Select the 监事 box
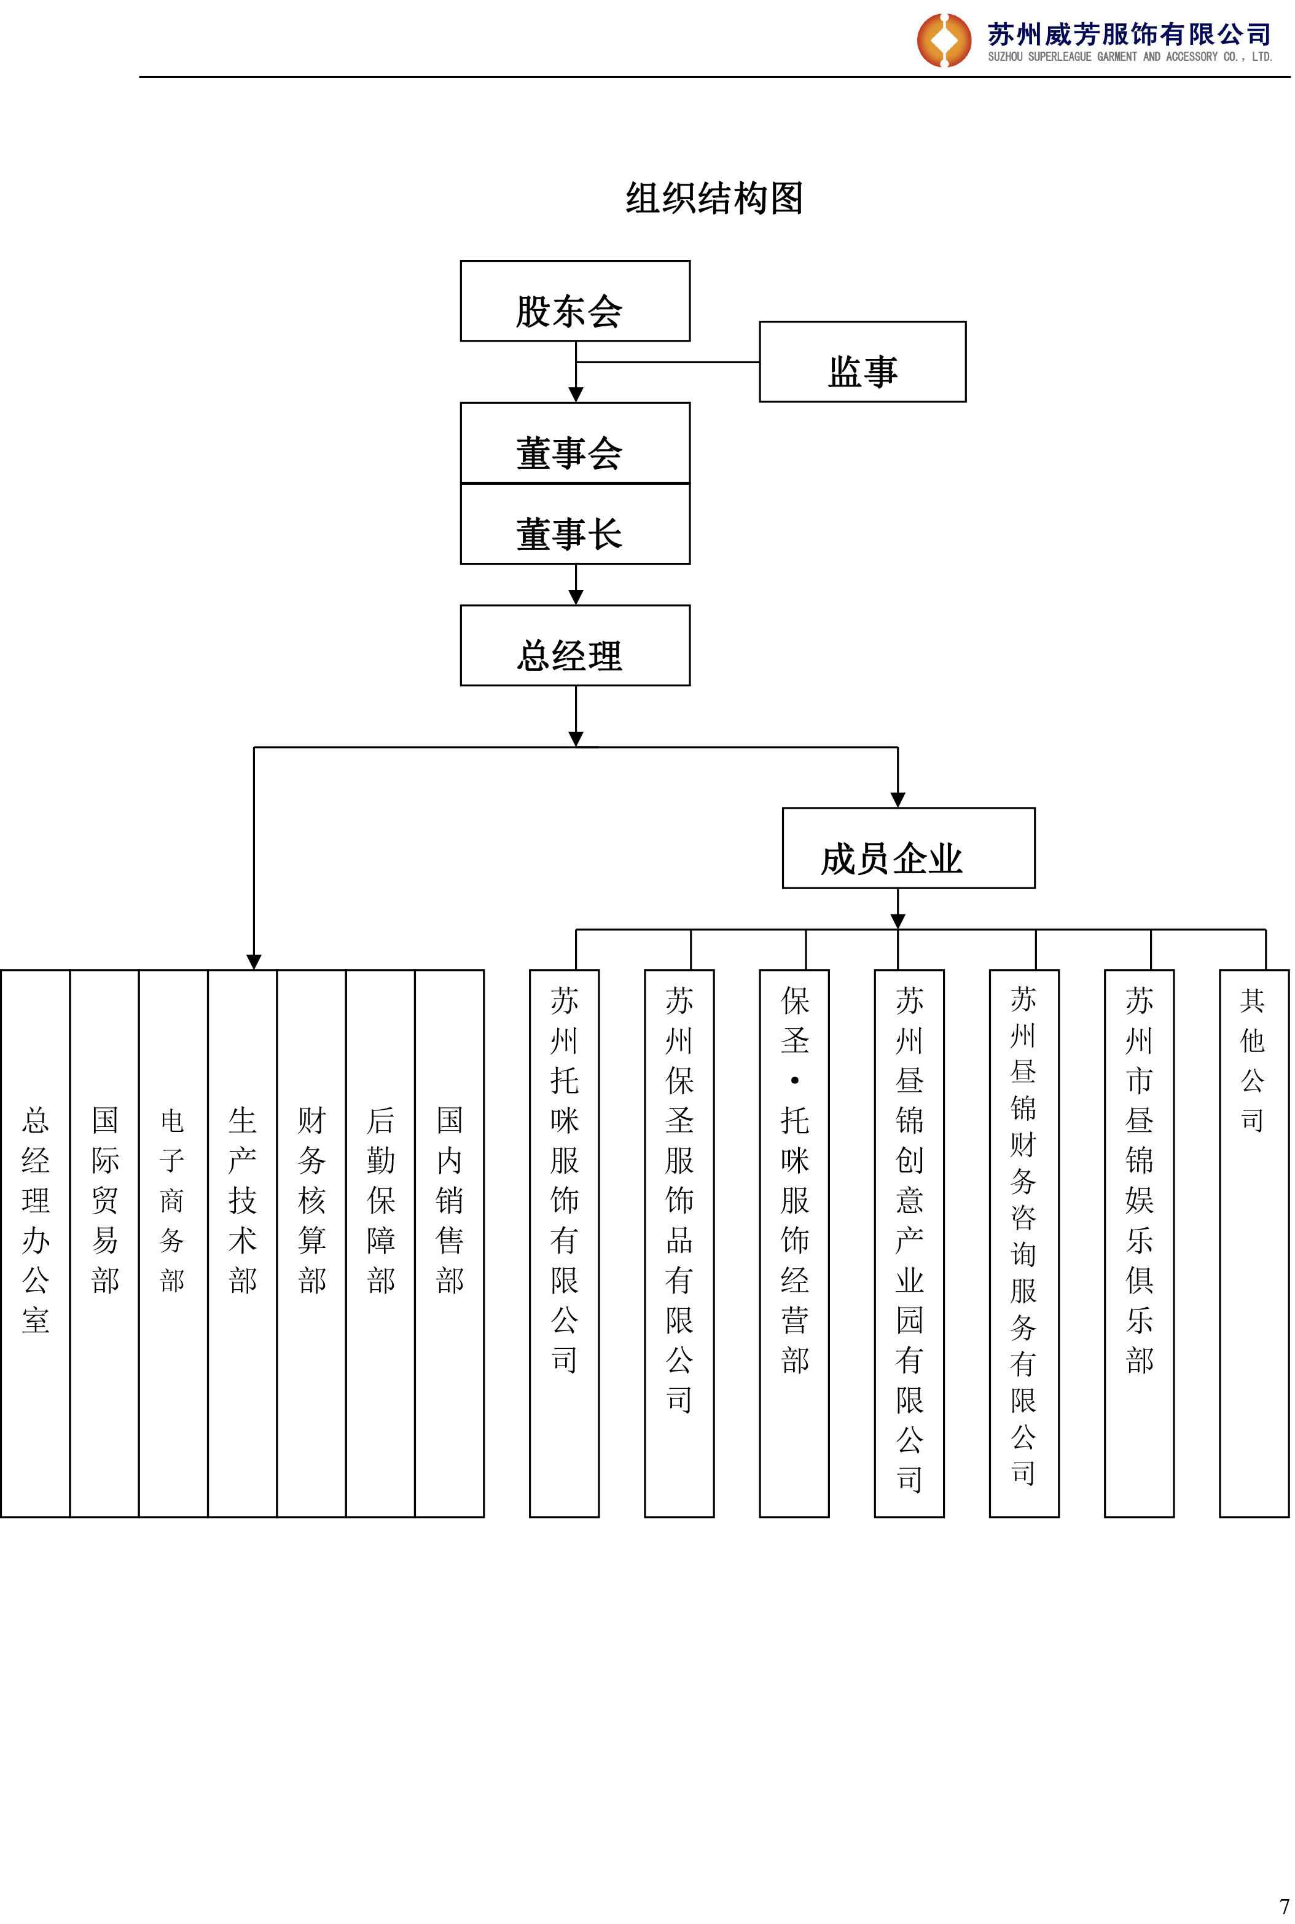tap(863, 362)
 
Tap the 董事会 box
tap(575, 443)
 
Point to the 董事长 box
tap(575, 524)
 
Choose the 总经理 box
tap(575, 645)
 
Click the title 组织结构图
tap(714, 198)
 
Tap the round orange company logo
tap(944, 40)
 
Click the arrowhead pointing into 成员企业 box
tap(898, 799)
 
